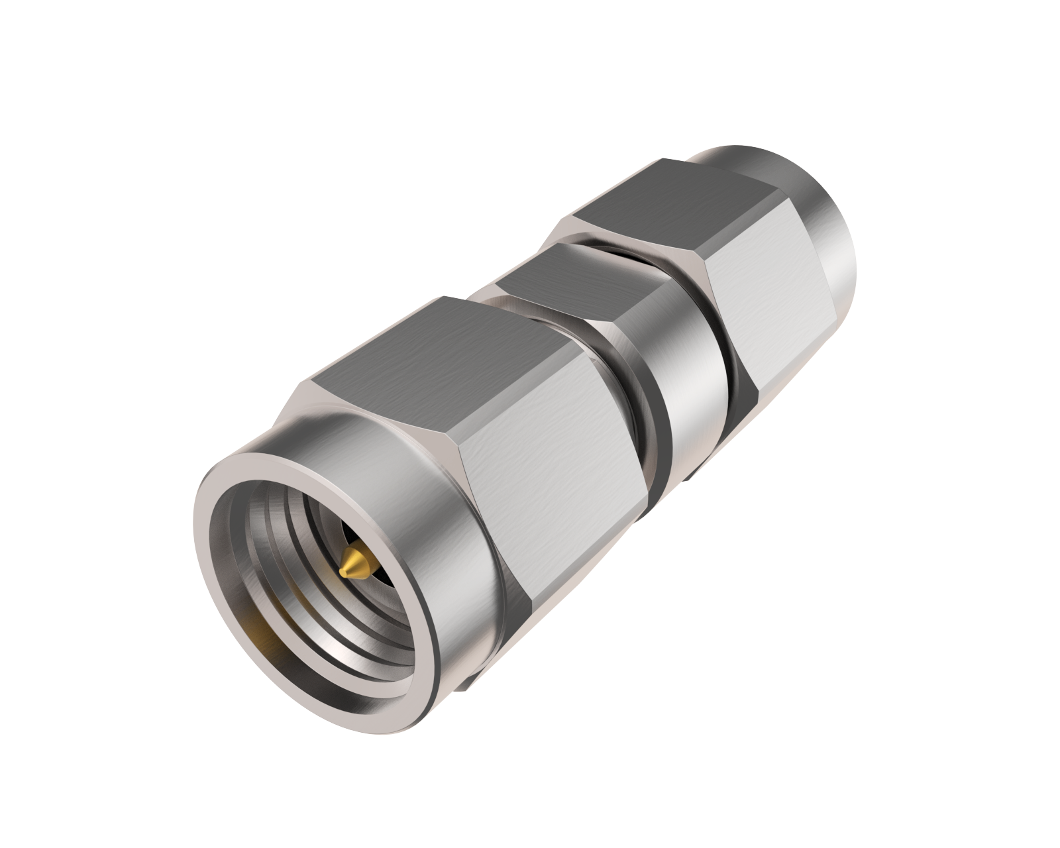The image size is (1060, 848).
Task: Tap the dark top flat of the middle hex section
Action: (576, 278)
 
